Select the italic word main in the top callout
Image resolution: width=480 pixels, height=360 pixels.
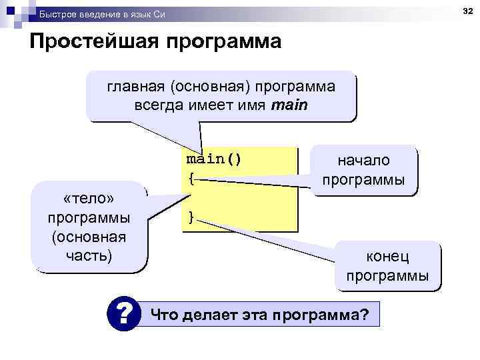pos(289,105)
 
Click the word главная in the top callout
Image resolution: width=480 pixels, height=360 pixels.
pos(129,87)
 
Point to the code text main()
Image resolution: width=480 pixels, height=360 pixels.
pos(214,160)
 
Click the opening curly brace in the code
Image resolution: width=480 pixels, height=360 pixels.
pos(191,178)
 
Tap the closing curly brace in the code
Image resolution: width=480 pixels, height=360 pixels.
pos(191,217)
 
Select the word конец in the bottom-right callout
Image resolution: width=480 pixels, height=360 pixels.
pos(387,257)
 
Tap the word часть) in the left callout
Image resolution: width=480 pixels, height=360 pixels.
pos(89,255)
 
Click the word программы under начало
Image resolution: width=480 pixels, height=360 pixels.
pos(363,180)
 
